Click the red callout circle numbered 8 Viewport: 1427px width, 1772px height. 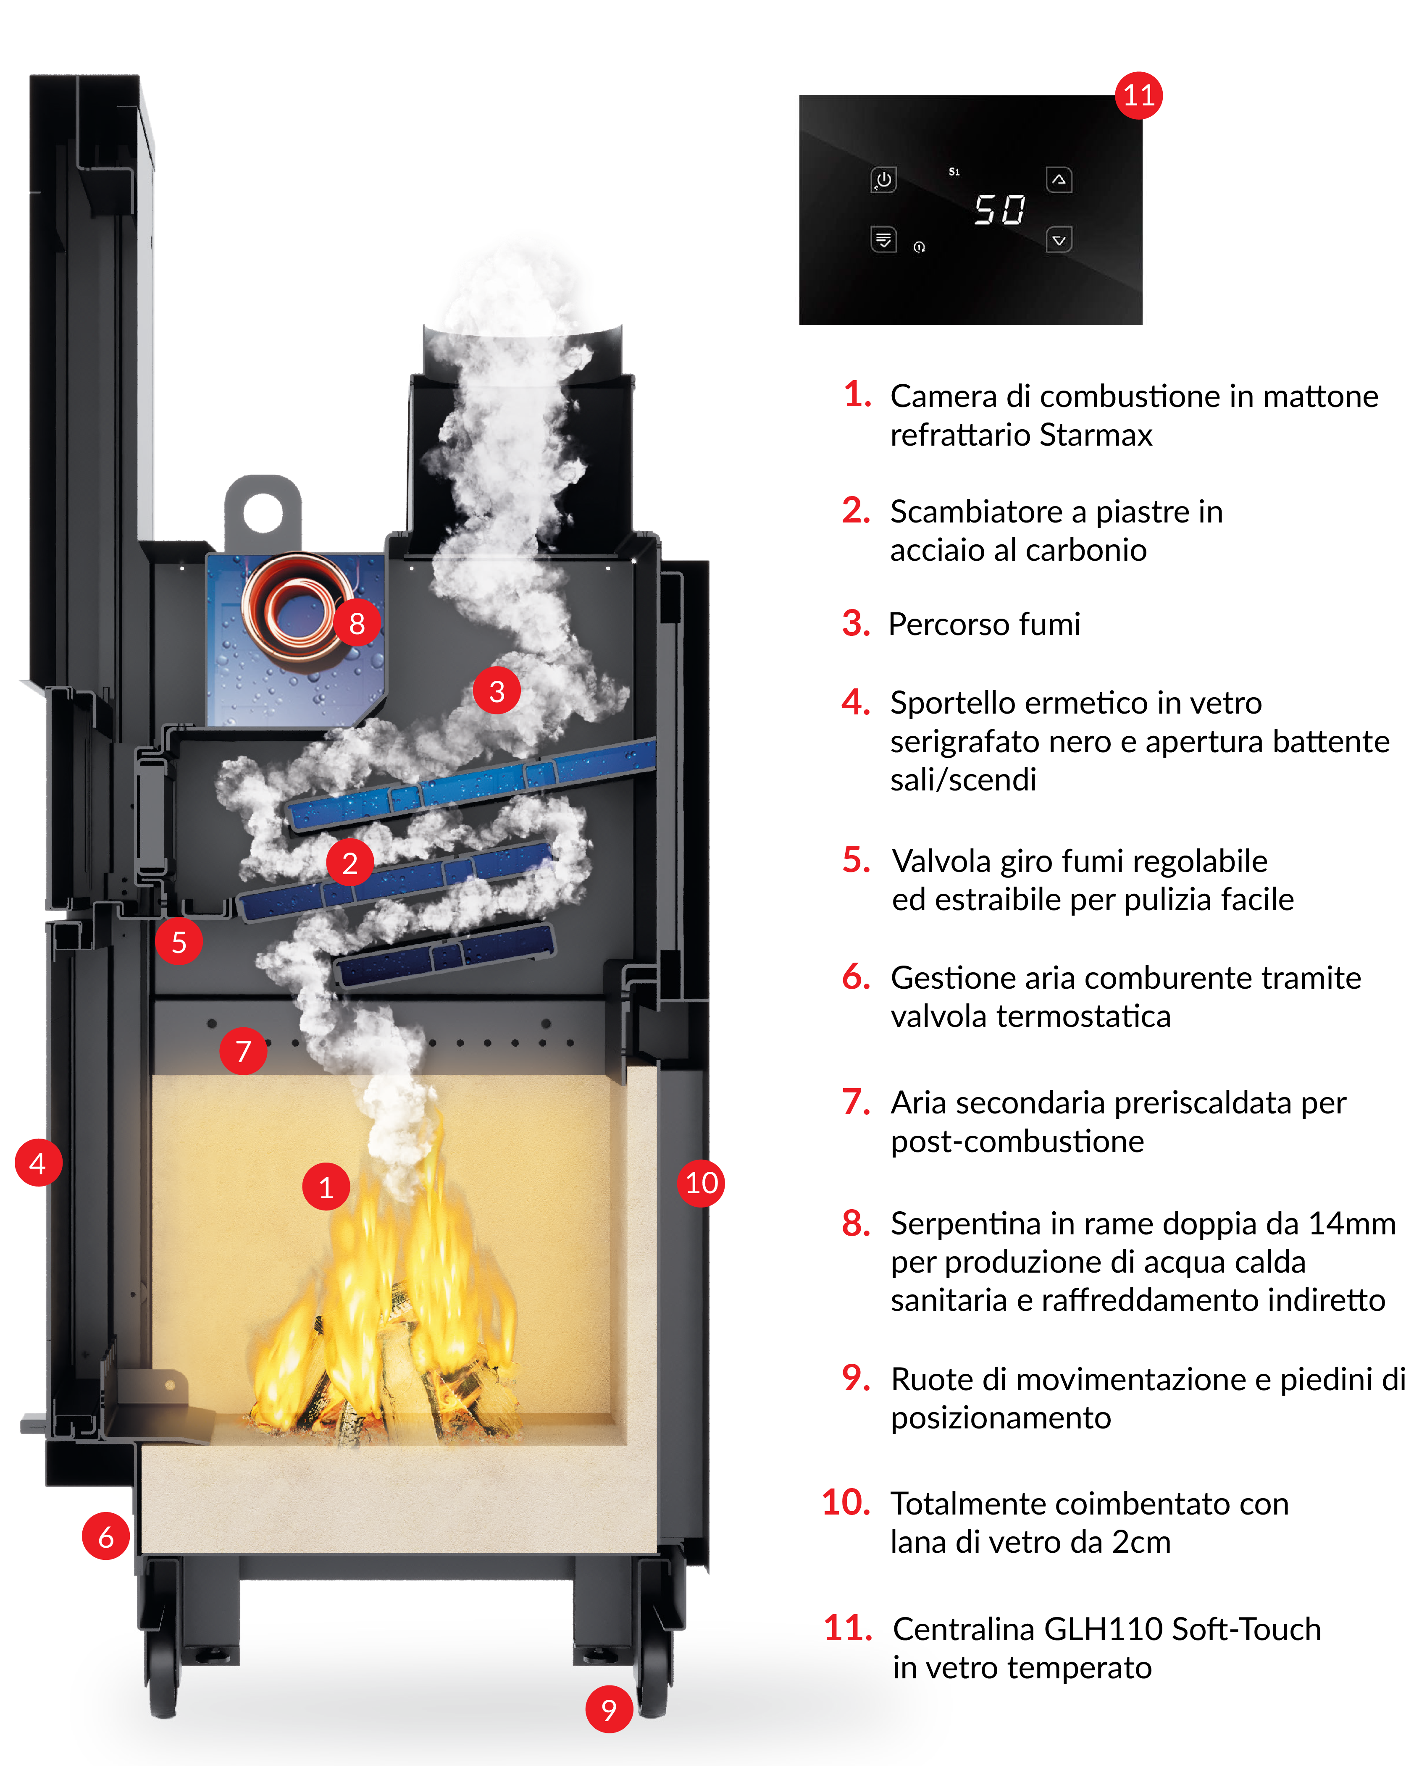(x=357, y=623)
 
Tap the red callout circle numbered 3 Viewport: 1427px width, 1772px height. (x=497, y=691)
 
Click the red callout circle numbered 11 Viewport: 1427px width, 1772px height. (x=1138, y=95)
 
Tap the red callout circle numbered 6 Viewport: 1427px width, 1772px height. (x=106, y=1536)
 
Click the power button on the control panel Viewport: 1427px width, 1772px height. (x=884, y=179)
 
